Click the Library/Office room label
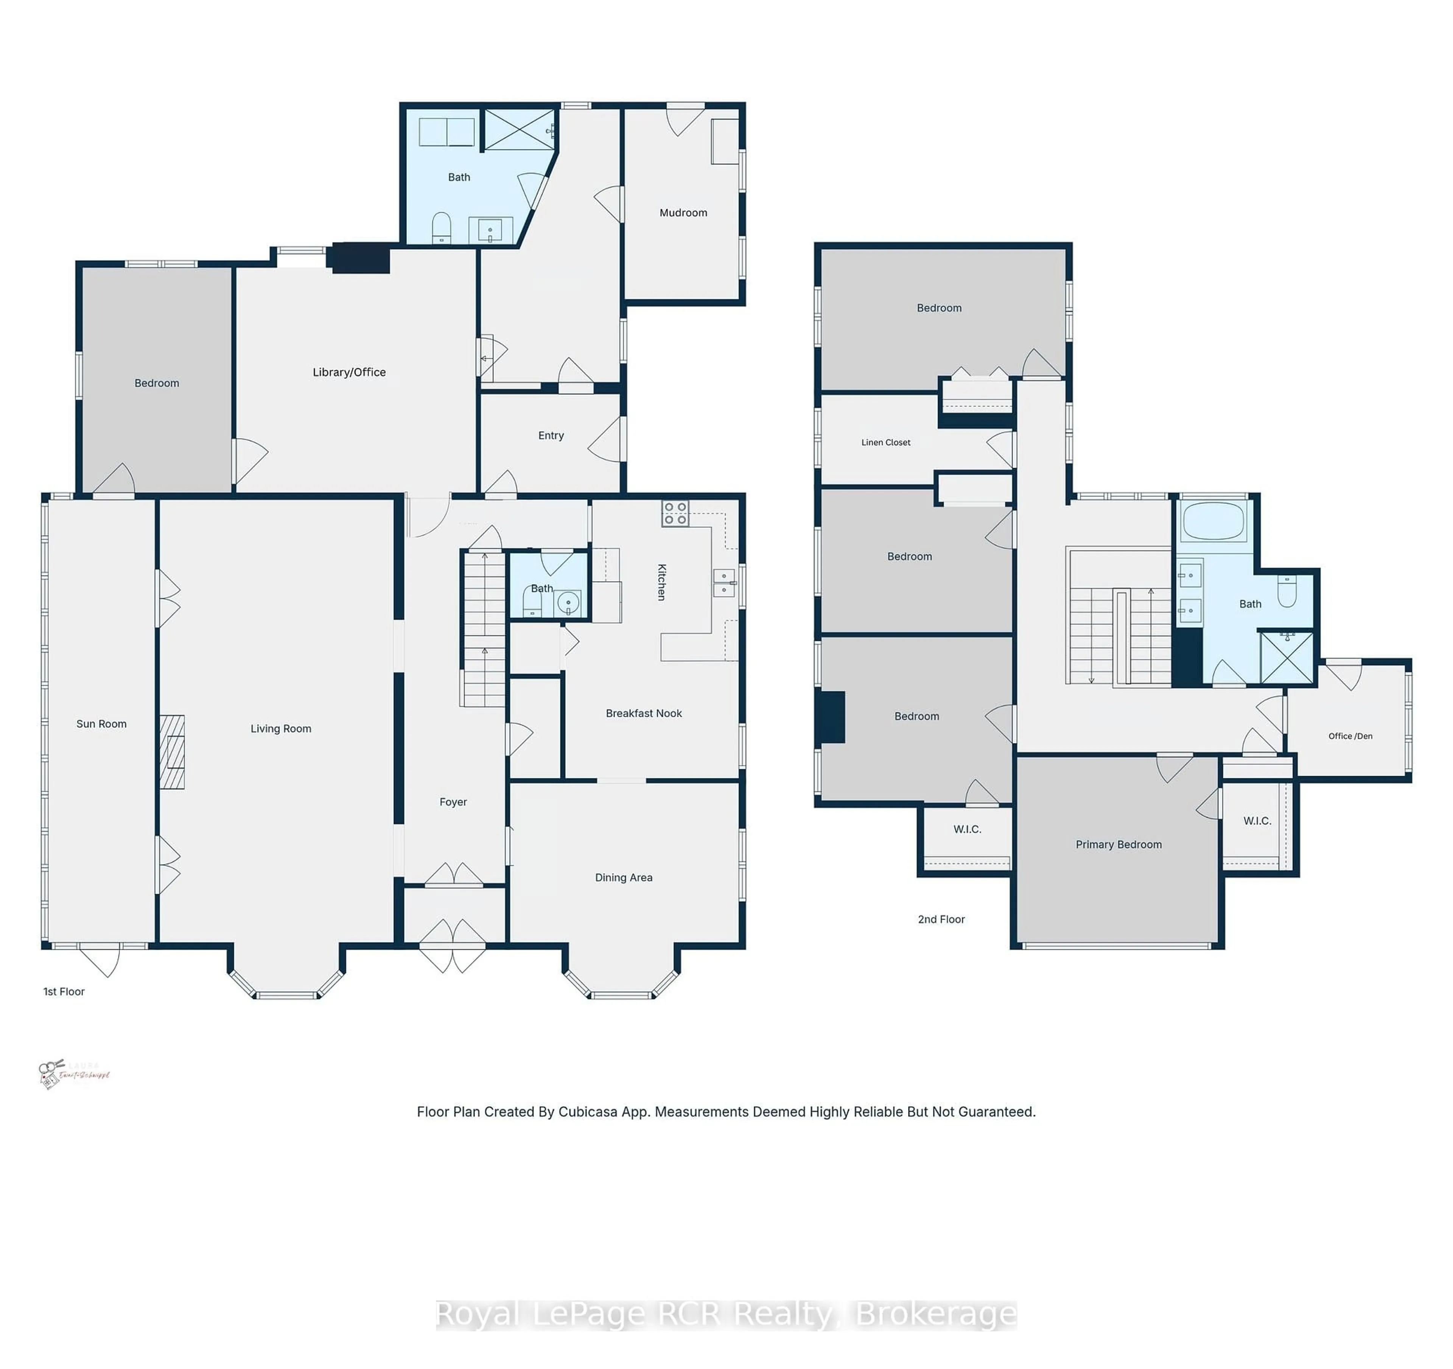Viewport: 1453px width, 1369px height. pos(348,372)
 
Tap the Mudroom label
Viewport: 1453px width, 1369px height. pos(683,213)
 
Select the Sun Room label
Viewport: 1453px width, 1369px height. pos(101,723)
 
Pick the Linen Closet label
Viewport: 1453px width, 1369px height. pos(885,442)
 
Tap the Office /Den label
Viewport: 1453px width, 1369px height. pos(1349,736)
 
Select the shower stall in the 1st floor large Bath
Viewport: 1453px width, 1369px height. pos(520,129)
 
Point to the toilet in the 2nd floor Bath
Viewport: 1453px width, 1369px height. pos(1287,591)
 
